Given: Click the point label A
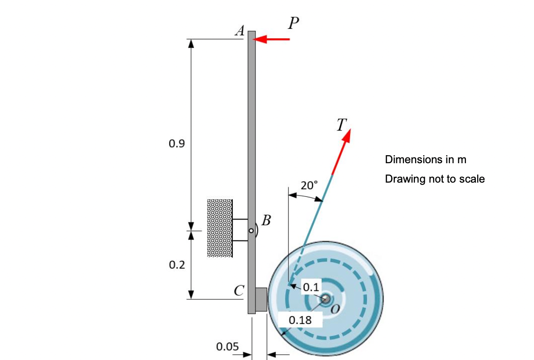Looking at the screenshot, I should coord(240,32).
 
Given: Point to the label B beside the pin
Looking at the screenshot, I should coord(266,220).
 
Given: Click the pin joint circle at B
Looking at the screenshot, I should coord(252,231).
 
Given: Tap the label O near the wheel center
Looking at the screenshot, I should coord(335,308).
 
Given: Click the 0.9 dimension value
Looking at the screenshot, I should coord(176,144).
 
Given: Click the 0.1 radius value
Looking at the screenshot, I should coord(311,287).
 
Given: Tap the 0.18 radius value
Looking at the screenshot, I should coord(300,320).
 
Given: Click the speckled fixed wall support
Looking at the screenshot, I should coord(219,228).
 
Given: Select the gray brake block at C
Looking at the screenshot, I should coord(261,299).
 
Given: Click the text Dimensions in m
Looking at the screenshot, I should coord(425,159).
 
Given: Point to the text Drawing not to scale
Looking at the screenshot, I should coord(435,179).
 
